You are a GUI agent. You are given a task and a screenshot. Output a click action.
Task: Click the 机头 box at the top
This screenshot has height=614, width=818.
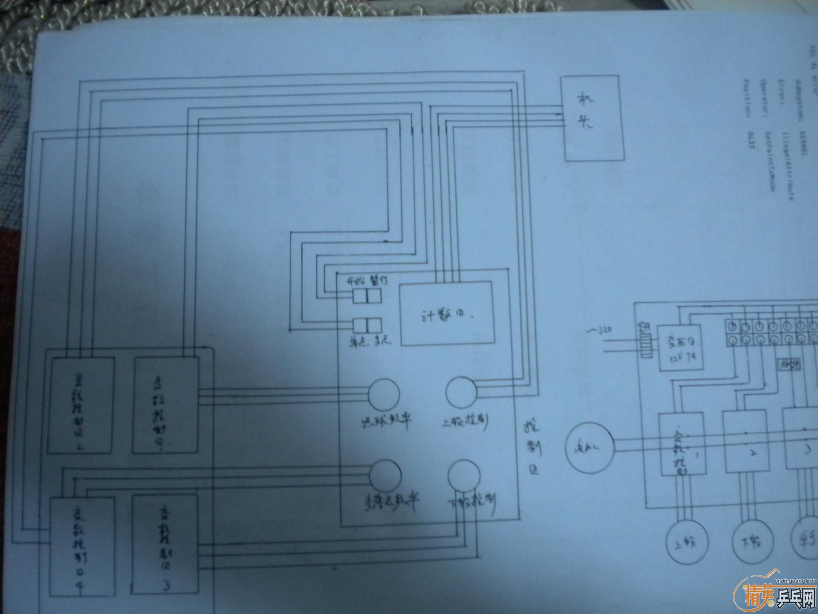pos(593,118)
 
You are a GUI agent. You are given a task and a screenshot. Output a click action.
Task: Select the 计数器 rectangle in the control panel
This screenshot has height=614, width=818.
pos(446,313)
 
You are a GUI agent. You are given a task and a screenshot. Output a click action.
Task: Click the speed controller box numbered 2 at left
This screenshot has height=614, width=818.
pos(82,404)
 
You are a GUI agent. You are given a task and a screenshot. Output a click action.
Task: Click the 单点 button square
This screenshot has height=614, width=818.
pos(359,325)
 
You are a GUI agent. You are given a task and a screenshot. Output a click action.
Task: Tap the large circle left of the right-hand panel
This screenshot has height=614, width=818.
pos(589,447)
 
